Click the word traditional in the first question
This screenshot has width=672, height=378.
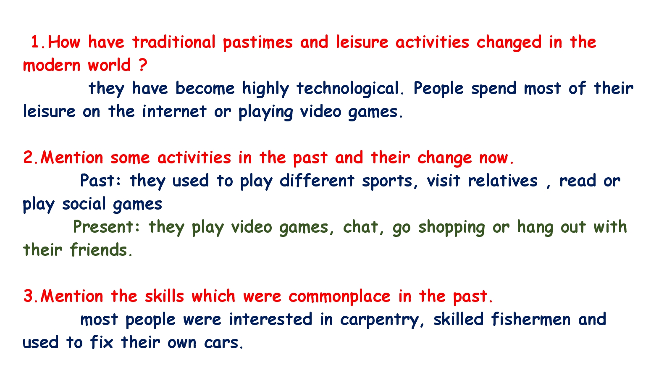174,42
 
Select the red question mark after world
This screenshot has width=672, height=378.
143,65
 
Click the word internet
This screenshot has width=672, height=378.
174,111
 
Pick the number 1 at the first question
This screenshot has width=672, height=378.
35,42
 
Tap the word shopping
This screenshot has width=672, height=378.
451,227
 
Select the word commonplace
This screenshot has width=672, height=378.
339,297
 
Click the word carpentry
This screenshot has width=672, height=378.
379,320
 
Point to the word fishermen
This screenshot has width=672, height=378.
531,319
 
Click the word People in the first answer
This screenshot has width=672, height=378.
438,89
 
